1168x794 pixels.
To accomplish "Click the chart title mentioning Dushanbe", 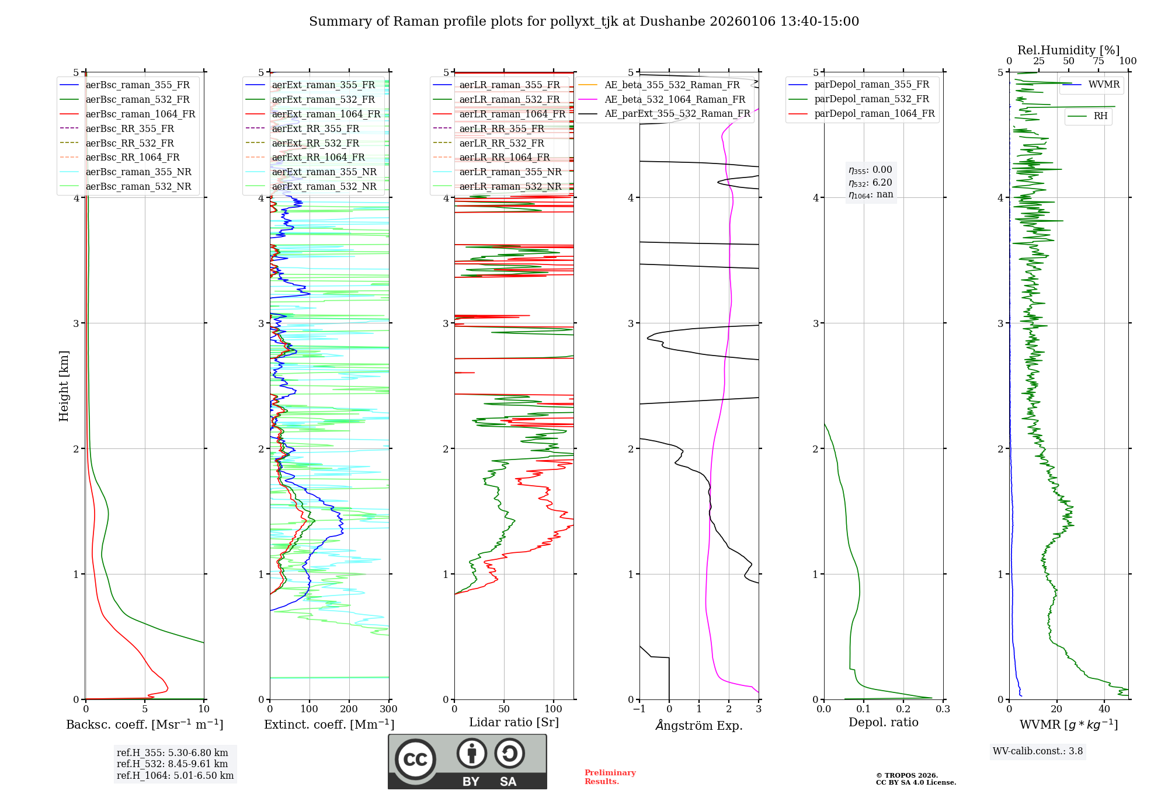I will pyautogui.click(x=584, y=22).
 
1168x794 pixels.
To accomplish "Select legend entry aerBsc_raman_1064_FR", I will pyautogui.click(x=140, y=114).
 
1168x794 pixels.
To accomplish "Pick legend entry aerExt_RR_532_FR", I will pyautogui.click(x=315, y=143).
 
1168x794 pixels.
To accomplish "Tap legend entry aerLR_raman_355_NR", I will pyautogui.click(x=510, y=172).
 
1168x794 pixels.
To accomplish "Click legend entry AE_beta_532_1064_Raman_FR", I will pyautogui.click(x=675, y=99).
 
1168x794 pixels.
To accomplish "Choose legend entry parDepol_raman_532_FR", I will pyautogui.click(x=871, y=99).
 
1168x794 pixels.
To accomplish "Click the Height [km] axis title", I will pyautogui.click(x=64, y=386).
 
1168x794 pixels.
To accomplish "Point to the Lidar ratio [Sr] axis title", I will pyautogui.click(x=514, y=723).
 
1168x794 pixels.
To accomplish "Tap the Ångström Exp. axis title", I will pyautogui.click(x=699, y=726).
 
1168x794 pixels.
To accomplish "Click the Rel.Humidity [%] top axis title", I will pyautogui.click(x=1068, y=50).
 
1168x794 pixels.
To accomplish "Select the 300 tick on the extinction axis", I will pyautogui.click(x=388, y=709).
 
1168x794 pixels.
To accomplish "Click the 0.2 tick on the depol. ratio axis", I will pyautogui.click(x=903, y=709).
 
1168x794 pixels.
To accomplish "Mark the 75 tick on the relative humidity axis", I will pyautogui.click(x=1099, y=61).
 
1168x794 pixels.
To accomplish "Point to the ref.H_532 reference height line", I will pyautogui.click(x=172, y=764).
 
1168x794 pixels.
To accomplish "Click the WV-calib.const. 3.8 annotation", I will pyautogui.click(x=1038, y=751).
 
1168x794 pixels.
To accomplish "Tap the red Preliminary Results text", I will pyautogui.click(x=610, y=777).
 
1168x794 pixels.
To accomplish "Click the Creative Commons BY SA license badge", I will pyautogui.click(x=467, y=762).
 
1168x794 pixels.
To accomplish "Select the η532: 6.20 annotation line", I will pyautogui.click(x=870, y=183).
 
